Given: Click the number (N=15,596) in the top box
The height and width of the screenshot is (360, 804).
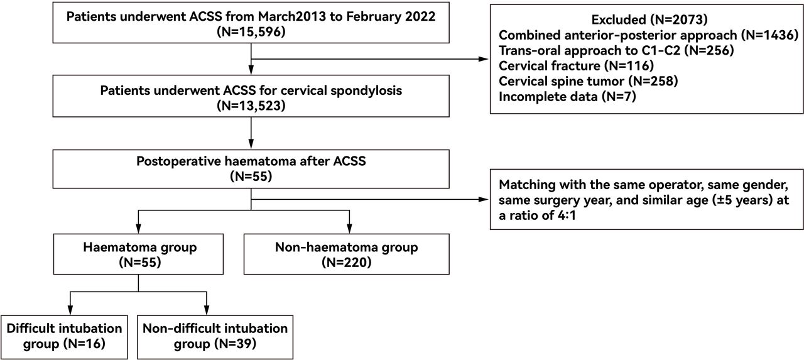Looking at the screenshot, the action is pyautogui.click(x=251, y=32).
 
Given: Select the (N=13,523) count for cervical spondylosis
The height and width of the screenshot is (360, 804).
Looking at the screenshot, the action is pyautogui.click(x=251, y=106).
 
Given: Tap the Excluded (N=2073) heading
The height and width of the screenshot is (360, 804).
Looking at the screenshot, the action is pyautogui.click(x=649, y=19).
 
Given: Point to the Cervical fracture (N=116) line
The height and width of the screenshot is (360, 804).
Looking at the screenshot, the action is pyautogui.click(x=576, y=66).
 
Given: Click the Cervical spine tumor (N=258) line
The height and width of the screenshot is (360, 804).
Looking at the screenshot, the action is pyautogui.click(x=588, y=81).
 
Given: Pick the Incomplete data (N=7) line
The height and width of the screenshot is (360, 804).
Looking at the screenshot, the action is pyautogui.click(x=567, y=97).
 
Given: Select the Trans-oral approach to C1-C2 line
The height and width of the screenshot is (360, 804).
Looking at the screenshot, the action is pyautogui.click(x=616, y=50).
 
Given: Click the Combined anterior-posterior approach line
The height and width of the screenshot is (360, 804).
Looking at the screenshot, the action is pyautogui.click(x=648, y=35).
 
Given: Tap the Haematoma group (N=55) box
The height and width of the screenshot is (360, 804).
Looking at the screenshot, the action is pyautogui.click(x=138, y=254).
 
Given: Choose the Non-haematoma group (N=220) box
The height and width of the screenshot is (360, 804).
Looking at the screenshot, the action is pyautogui.click(x=346, y=254).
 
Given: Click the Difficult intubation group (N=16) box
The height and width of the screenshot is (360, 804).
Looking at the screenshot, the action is pyautogui.click(x=64, y=337).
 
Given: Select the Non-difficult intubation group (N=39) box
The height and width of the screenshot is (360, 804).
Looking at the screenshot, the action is pyautogui.click(x=215, y=337).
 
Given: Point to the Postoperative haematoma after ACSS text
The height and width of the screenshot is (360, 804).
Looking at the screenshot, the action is pyautogui.click(x=251, y=161).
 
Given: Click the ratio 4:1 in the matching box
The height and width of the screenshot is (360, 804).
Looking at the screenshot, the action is pyautogui.click(x=567, y=215).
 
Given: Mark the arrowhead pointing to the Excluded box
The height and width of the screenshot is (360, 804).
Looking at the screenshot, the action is pyautogui.click(x=484, y=59).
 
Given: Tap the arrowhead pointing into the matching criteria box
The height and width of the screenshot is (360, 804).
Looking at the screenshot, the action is pyautogui.click(x=484, y=199).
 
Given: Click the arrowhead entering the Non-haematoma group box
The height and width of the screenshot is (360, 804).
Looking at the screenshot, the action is pyautogui.click(x=349, y=229).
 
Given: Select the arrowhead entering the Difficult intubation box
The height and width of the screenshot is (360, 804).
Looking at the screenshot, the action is pyautogui.click(x=70, y=310).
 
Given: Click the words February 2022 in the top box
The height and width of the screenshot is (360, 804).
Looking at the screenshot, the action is pyautogui.click(x=391, y=16).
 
